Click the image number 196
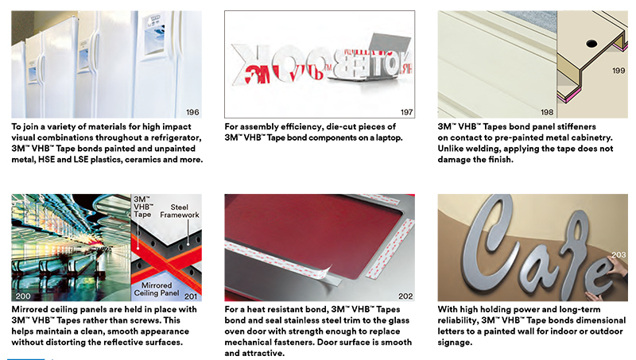coord(192,112)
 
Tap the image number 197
coord(407,112)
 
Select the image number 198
coord(547,112)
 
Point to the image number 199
coord(619,71)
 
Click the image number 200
coord(23,296)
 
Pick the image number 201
coord(191,296)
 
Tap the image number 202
coord(405,296)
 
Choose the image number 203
coord(619,255)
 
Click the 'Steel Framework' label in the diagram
coord(180,211)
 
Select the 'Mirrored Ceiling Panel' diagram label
coord(157,289)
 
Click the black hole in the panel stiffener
coord(591,43)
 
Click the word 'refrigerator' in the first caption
coord(176,137)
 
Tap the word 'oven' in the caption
coord(235,331)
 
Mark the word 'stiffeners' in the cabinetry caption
coord(575,126)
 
